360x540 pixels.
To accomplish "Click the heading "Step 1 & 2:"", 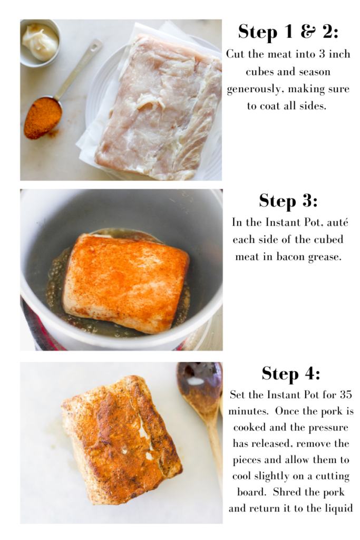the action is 288,32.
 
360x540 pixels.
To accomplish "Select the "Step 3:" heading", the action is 288,200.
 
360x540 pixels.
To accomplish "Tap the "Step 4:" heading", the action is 291,373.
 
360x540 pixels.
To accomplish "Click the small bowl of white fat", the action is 40,42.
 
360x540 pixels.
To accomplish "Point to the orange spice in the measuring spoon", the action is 42,118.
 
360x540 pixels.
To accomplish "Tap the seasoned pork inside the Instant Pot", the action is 126,283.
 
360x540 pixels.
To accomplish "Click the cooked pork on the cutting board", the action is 121,439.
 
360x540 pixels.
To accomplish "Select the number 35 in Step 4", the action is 346,394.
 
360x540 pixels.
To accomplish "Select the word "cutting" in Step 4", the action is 333,476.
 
